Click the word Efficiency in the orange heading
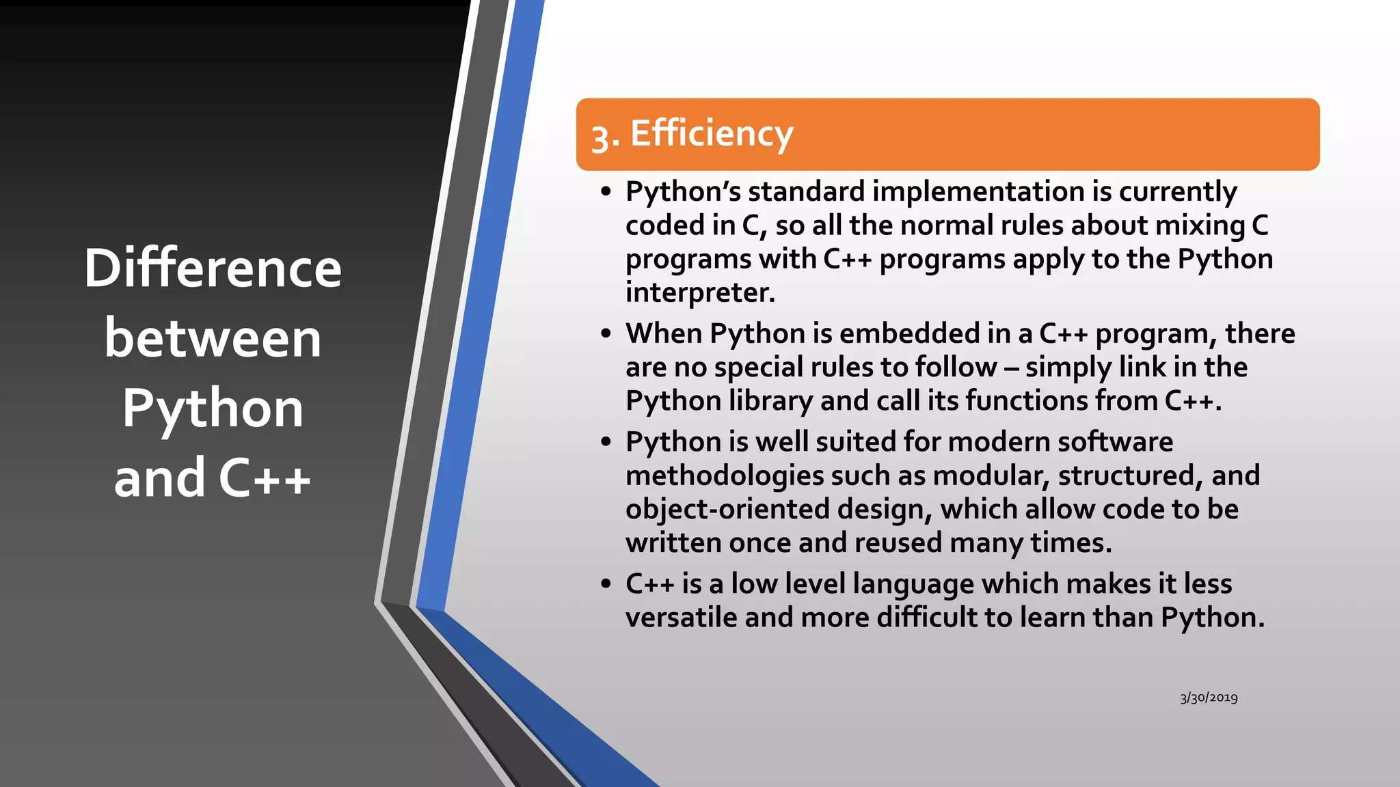point(711,134)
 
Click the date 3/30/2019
point(1209,698)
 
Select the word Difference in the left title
point(213,268)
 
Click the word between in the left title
point(213,339)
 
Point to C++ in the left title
point(265,478)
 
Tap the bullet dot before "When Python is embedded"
point(606,334)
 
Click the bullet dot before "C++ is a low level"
point(606,585)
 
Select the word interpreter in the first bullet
point(699,293)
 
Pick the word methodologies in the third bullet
point(724,476)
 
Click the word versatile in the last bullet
point(681,618)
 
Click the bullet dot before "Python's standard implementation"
point(606,192)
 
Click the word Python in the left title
point(213,409)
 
